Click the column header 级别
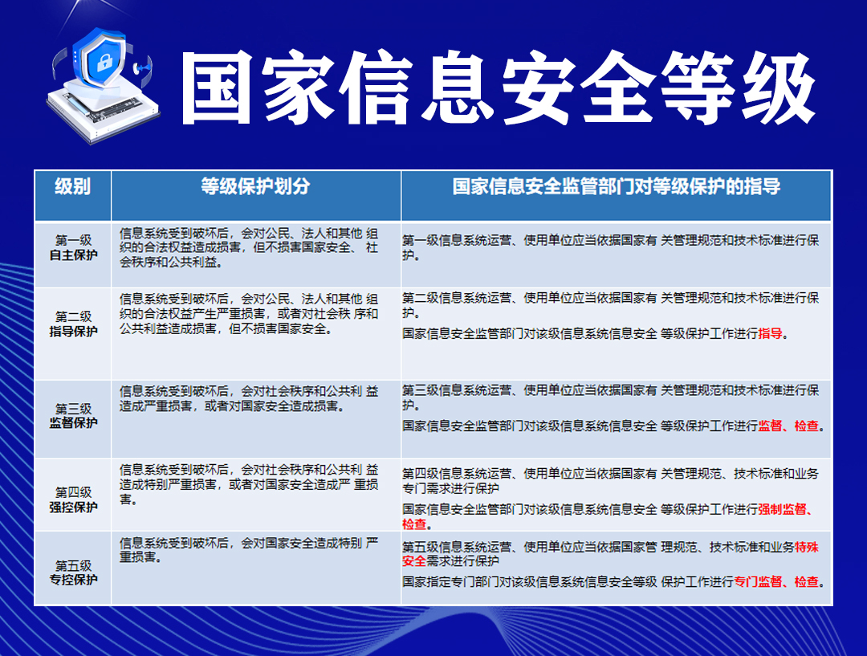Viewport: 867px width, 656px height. (72, 186)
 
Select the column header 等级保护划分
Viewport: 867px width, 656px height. (255, 186)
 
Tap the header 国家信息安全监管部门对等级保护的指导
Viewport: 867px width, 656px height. (616, 186)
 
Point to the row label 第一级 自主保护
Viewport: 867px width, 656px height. (73, 247)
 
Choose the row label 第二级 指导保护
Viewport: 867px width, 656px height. (73, 324)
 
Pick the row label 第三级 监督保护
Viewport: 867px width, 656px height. (73, 415)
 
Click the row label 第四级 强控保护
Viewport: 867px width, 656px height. (73, 499)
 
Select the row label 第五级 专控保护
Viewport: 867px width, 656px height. (73, 572)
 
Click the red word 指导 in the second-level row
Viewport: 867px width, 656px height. (770, 333)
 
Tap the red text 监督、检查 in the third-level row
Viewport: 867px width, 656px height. (788, 426)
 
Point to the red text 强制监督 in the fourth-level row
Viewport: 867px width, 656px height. (783, 509)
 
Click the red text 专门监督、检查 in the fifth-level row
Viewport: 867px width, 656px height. (776, 581)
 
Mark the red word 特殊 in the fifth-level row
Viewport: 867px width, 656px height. (807, 547)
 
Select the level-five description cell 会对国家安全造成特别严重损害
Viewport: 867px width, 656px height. (249, 550)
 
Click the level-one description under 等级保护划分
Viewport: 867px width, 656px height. (249, 247)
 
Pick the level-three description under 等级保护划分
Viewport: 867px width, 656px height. (249, 398)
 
